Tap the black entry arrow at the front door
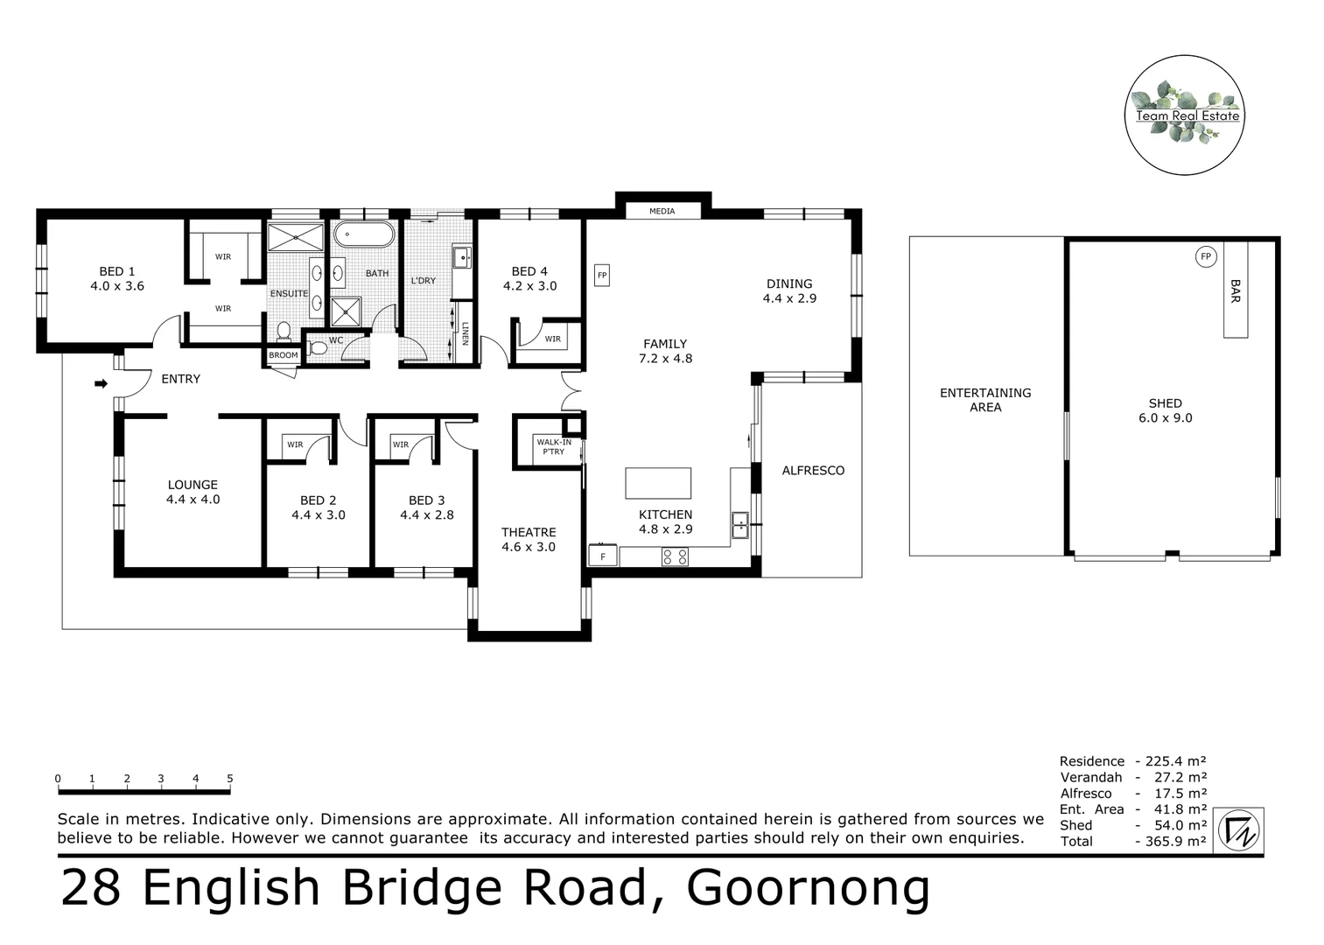point(101,383)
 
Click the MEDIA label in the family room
point(662,211)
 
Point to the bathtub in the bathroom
point(364,234)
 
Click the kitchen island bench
point(658,483)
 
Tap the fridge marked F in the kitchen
point(603,556)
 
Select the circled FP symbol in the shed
point(1206,256)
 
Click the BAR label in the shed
point(1235,291)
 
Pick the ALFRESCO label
point(813,471)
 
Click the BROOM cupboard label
point(284,355)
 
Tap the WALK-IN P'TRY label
point(553,447)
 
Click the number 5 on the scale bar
point(230,778)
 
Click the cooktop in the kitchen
point(675,556)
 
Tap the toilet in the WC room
point(318,348)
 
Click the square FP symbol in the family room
point(602,275)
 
